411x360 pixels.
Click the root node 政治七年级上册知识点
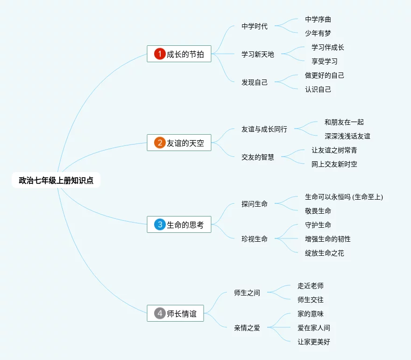click(x=56, y=180)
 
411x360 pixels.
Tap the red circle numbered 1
click(x=160, y=54)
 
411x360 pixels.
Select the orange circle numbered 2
click(x=160, y=143)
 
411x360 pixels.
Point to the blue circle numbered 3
click(x=160, y=225)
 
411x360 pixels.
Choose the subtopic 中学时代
click(x=255, y=26)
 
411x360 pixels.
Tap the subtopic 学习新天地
click(x=258, y=54)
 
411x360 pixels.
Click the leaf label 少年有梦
click(x=318, y=33)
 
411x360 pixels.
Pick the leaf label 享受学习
click(x=325, y=61)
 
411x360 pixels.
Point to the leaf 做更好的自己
click(x=325, y=75)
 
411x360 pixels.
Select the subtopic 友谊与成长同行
click(x=264, y=129)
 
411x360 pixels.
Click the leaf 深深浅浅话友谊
click(x=347, y=136)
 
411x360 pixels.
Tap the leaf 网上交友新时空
click(x=334, y=164)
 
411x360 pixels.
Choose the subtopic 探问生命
click(x=255, y=204)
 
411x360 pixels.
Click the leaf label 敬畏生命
click(x=318, y=211)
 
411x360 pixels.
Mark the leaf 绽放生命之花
click(x=325, y=253)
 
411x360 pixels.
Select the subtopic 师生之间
click(x=247, y=293)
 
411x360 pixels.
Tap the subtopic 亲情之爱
click(x=247, y=328)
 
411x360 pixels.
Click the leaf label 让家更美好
click(x=314, y=342)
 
